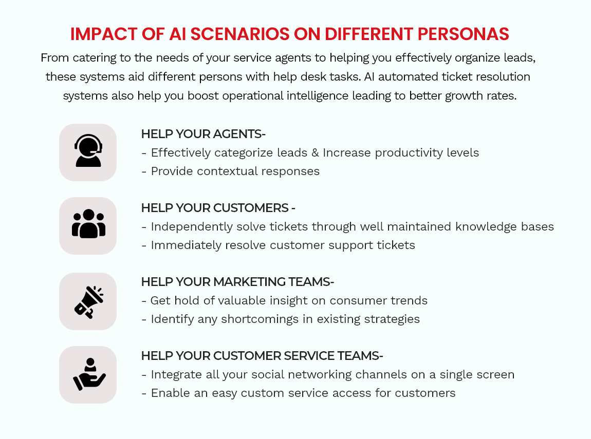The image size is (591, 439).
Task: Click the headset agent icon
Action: point(88,150)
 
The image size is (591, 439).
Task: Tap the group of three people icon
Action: point(88,224)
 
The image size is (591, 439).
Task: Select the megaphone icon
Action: point(89,302)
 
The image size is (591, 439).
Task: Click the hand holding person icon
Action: point(89,374)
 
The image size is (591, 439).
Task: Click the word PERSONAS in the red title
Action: point(463,34)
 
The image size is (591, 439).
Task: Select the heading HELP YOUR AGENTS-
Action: point(203,134)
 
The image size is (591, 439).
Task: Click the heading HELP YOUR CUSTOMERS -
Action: point(218,208)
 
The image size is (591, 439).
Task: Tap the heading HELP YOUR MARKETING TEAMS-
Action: point(237,281)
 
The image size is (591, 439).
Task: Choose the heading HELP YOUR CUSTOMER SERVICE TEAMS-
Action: point(262,356)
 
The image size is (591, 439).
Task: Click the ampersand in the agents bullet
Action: point(315,152)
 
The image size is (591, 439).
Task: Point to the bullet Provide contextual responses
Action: point(231,171)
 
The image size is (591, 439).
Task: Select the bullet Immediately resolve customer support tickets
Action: point(278,245)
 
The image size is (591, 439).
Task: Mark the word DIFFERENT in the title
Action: point(368,34)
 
